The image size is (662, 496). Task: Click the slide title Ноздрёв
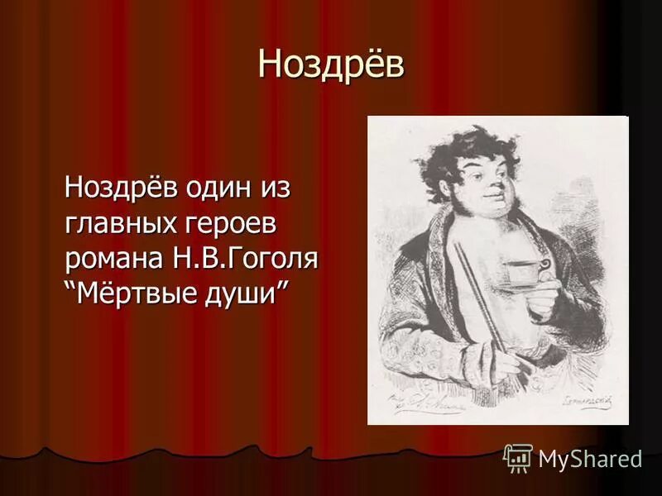point(331,64)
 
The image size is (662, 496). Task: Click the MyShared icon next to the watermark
point(518,458)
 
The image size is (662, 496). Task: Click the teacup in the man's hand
point(525,272)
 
